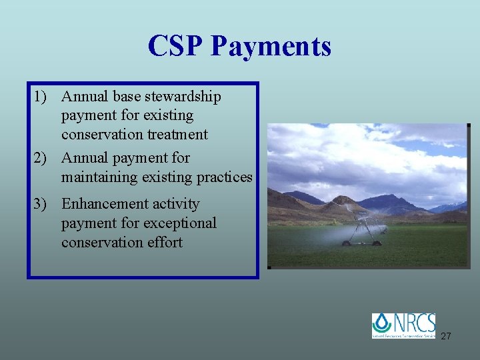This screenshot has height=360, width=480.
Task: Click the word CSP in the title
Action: (175, 46)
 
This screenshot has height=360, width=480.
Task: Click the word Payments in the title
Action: (270, 46)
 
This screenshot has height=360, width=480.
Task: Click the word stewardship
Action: (179, 97)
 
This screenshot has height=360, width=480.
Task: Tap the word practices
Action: (224, 177)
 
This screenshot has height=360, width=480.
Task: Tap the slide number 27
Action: (446, 336)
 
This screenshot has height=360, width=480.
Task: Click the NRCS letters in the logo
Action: (415, 322)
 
